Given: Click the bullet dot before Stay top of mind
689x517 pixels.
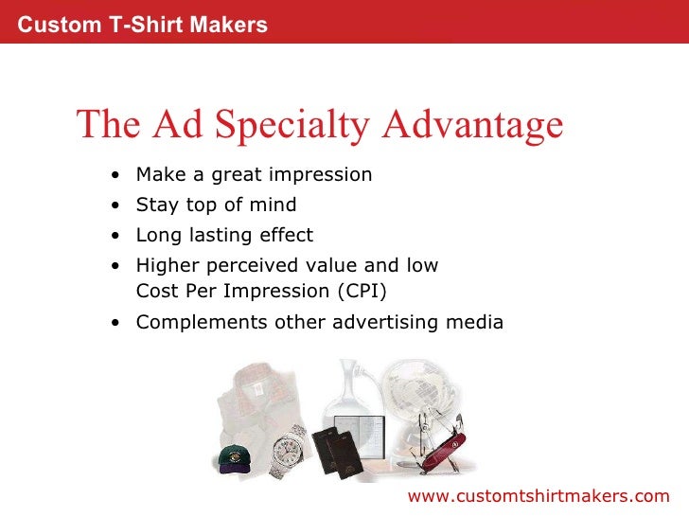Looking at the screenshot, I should point(115,205).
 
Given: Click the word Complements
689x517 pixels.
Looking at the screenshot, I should point(189,322).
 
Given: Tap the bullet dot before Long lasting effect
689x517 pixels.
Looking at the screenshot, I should point(115,236).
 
